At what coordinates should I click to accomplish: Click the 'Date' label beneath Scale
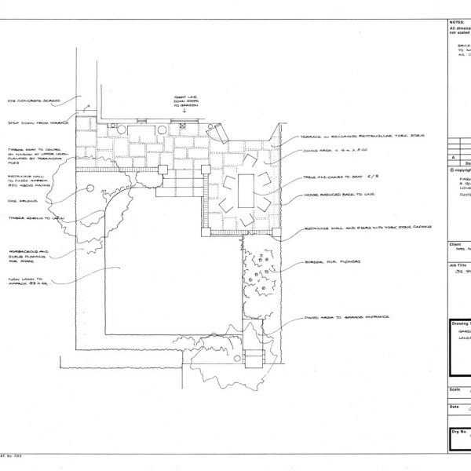pyautogui.click(x=454, y=407)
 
